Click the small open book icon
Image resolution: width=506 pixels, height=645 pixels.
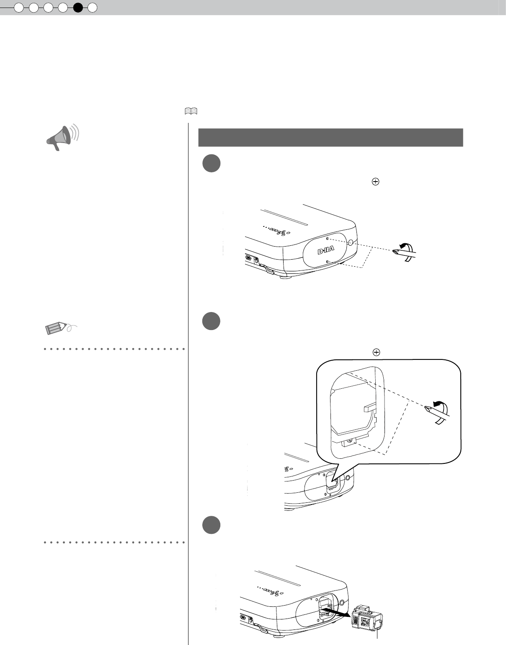(x=191, y=111)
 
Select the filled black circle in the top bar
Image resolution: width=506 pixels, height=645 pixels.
(x=78, y=7)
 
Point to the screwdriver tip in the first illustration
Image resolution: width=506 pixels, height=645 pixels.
(x=395, y=252)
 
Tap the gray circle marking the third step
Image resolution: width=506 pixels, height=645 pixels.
(x=210, y=524)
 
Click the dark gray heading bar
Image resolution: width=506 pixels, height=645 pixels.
(x=330, y=138)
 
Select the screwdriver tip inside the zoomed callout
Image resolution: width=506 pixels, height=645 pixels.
(x=429, y=409)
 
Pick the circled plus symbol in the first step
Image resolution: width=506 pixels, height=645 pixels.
(x=375, y=182)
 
